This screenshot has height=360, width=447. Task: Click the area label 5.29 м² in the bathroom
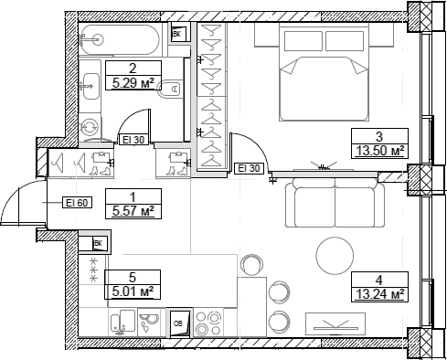(x=133, y=82)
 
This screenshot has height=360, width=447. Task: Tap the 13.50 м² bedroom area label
(x=378, y=151)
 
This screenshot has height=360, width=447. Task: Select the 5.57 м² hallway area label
(x=132, y=211)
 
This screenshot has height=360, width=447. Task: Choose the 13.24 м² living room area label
(x=378, y=293)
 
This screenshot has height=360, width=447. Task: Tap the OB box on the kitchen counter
(x=179, y=323)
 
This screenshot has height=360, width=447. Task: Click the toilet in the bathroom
(x=170, y=90)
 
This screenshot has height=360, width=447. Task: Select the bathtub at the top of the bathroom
(x=123, y=39)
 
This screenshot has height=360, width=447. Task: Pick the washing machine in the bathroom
(x=90, y=128)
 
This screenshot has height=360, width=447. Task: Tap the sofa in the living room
(x=334, y=206)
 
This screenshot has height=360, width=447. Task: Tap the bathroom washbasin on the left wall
(x=90, y=90)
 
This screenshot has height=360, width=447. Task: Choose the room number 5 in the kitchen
(x=133, y=277)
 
